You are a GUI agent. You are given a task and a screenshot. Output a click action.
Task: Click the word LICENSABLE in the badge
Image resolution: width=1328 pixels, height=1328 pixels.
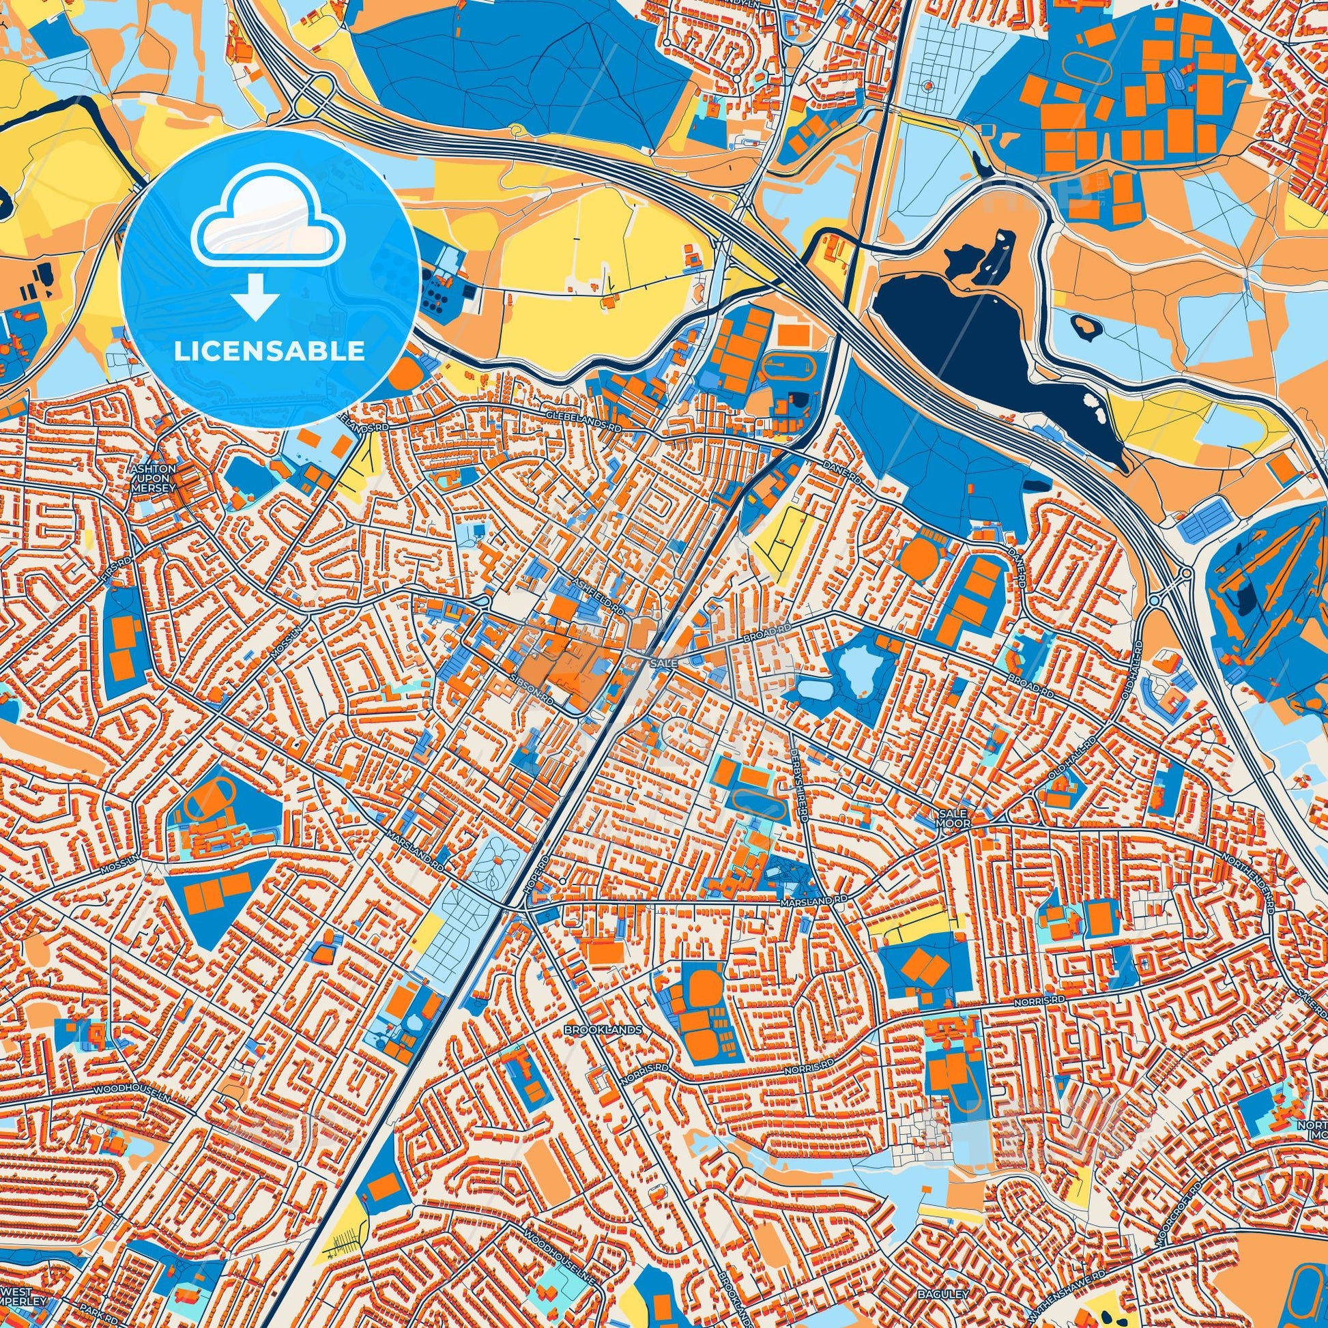[270, 351]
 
